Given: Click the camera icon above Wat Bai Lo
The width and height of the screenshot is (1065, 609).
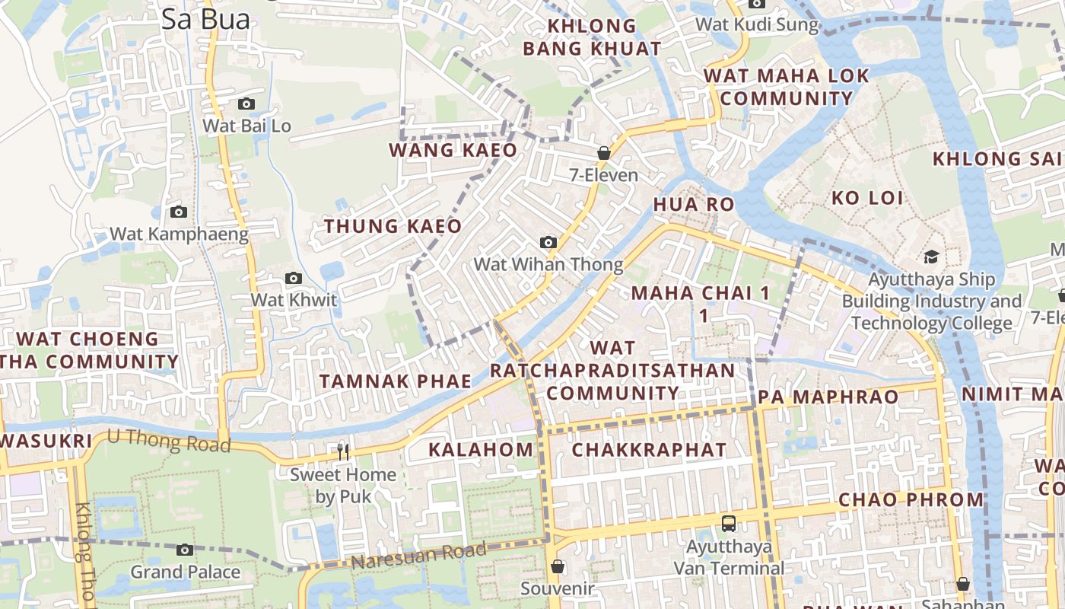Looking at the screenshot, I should pos(246,104).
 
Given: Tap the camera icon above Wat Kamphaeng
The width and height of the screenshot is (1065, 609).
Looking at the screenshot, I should pos(179,212).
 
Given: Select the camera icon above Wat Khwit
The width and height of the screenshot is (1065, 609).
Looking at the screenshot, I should pos(294,278).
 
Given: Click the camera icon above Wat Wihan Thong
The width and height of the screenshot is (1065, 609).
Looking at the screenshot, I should pos(548,242).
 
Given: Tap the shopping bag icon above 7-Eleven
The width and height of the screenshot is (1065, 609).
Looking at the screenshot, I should pos(604,153).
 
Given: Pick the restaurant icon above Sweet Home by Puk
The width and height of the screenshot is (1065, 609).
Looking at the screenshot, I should pos(343,452).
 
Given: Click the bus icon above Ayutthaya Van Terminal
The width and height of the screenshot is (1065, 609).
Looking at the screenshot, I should pos(729,524).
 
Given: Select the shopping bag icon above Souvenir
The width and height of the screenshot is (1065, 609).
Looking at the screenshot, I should pos(558,566).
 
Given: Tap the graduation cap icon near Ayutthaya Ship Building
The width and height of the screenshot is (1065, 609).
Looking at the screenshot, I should pos(931,257).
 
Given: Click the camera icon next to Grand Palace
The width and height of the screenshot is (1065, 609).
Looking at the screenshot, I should pos(185,550).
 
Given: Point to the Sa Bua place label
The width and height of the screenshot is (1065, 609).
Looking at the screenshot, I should pos(205,20).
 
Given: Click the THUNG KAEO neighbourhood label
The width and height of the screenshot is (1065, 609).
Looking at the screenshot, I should pos(393,226).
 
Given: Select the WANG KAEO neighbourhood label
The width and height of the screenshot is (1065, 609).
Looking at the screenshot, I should pos(453,150).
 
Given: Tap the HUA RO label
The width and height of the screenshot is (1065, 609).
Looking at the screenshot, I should pos(694,204).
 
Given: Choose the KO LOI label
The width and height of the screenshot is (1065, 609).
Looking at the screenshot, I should pos(867,198).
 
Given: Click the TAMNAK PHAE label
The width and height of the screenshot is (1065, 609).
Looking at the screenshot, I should pos(396,381).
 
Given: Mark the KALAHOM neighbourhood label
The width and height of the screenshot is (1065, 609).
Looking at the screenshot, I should pos(481,449).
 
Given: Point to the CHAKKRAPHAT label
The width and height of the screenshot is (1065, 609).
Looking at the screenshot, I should pos(649,449).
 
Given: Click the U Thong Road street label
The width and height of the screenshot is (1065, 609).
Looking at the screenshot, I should pos(169,440).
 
